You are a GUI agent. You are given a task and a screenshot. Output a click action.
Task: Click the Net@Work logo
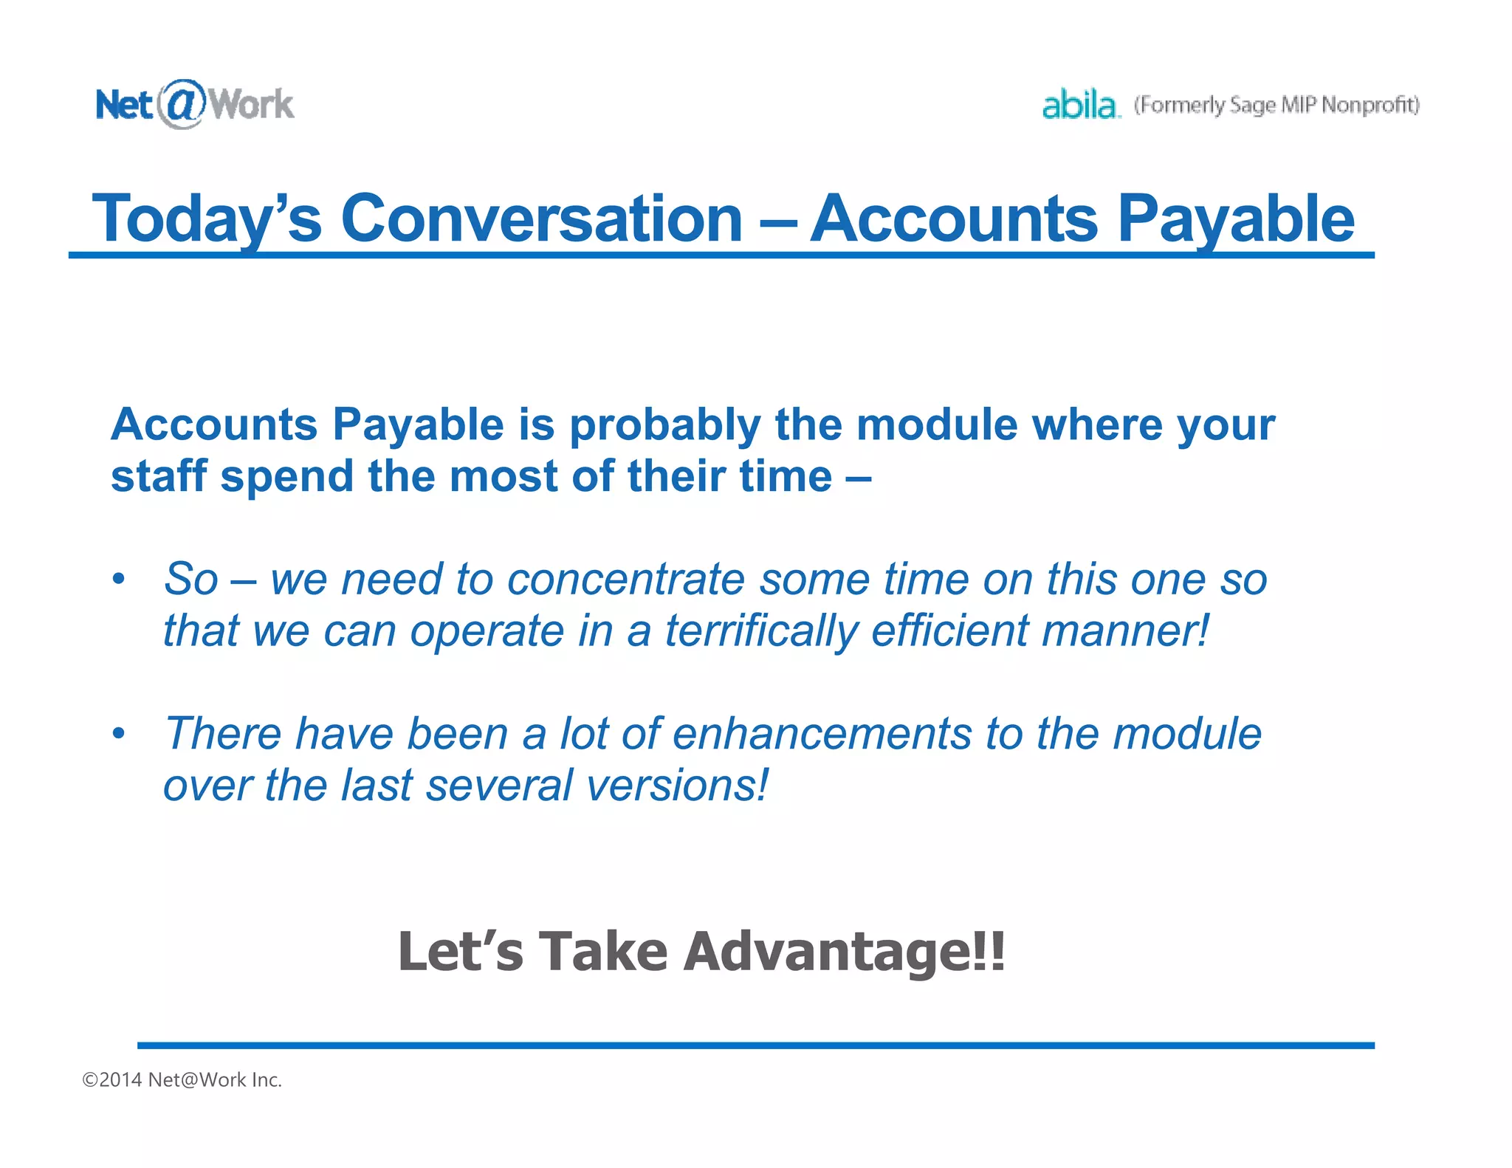[x=195, y=104]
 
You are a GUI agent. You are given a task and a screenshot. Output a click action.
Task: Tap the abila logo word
[x=1079, y=105]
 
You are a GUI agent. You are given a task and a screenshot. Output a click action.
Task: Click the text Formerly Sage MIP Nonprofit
[x=1276, y=106]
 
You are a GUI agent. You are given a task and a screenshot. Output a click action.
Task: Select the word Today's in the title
[x=207, y=218]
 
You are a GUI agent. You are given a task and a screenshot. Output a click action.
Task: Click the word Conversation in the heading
[x=541, y=218]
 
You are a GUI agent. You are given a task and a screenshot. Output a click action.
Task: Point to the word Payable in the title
[x=1236, y=219]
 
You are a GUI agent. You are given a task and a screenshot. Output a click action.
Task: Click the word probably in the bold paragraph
[x=664, y=425]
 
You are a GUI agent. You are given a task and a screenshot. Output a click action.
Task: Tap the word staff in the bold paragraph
[x=159, y=476]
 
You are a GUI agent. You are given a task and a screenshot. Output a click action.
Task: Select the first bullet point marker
[x=119, y=579]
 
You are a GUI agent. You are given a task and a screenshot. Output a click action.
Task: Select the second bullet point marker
[x=119, y=734]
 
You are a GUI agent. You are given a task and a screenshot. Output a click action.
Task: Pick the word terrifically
[x=761, y=631]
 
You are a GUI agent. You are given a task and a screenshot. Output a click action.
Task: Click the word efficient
[x=949, y=631]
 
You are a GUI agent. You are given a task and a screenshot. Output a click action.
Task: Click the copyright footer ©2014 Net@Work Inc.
[x=182, y=1080]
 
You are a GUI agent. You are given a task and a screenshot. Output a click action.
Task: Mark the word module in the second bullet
[x=1187, y=734]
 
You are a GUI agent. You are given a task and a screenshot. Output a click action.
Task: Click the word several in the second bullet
[x=499, y=786]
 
